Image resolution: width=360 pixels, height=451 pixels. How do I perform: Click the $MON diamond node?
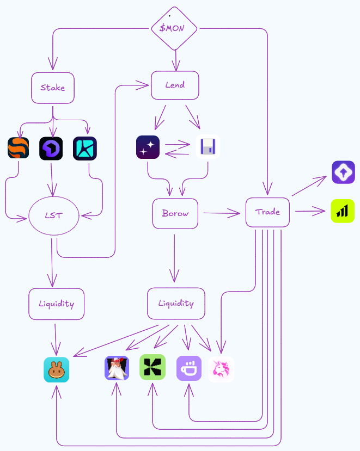(x=174, y=28)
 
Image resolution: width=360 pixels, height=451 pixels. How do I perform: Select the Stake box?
(x=53, y=88)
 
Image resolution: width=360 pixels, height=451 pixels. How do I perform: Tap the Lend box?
(x=175, y=85)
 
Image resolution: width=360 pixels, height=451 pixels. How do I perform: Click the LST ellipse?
(x=54, y=216)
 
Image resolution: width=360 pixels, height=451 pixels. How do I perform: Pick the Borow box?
(x=175, y=213)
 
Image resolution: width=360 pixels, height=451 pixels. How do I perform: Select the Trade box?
(x=267, y=212)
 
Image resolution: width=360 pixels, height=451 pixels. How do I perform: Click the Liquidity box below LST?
(x=57, y=304)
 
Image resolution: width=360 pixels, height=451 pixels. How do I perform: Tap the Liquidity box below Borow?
(x=176, y=304)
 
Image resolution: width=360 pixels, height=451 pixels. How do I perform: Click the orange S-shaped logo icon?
(x=19, y=148)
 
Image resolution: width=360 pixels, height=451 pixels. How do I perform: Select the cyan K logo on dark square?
(x=85, y=149)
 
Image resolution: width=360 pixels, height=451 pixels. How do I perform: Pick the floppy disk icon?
(x=208, y=146)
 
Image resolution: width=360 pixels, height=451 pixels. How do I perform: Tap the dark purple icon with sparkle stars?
(x=148, y=147)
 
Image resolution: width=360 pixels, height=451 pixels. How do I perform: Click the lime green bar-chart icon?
(x=343, y=211)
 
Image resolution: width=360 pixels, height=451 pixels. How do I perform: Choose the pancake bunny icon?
(x=57, y=369)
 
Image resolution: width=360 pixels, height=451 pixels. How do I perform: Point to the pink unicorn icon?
(x=221, y=369)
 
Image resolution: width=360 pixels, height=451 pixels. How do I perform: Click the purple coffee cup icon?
(x=189, y=368)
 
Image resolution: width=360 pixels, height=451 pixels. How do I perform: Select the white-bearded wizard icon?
(x=117, y=368)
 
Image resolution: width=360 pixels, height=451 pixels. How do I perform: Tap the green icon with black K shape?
(x=152, y=367)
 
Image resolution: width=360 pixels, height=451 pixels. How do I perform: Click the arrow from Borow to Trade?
(x=222, y=213)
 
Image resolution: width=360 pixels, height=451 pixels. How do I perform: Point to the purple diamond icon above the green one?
(x=343, y=172)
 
